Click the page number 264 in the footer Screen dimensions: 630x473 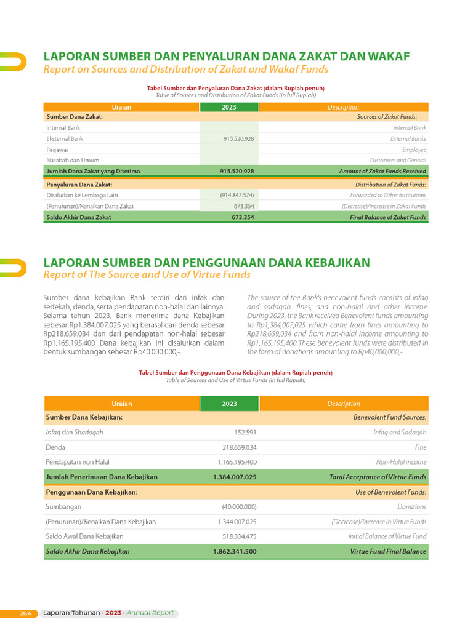click(25, 613)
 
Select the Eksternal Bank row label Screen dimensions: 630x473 click(65, 139)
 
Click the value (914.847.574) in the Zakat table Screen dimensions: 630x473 click(237, 195)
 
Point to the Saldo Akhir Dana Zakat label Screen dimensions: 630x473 click(79, 217)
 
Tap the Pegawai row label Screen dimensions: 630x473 click(57, 150)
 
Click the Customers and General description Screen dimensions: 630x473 click(397, 160)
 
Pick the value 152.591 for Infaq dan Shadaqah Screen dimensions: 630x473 click(245, 433)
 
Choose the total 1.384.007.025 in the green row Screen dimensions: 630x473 click(235, 477)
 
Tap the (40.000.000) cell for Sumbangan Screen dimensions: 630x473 click(239, 507)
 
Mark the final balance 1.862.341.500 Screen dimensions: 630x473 click(235, 552)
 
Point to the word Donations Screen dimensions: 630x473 click(411, 507)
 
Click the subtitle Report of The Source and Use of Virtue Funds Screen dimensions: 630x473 click(147, 274)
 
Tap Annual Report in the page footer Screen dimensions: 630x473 click(150, 613)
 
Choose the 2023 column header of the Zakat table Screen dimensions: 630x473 click(229, 107)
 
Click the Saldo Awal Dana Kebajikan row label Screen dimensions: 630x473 click(85, 536)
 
